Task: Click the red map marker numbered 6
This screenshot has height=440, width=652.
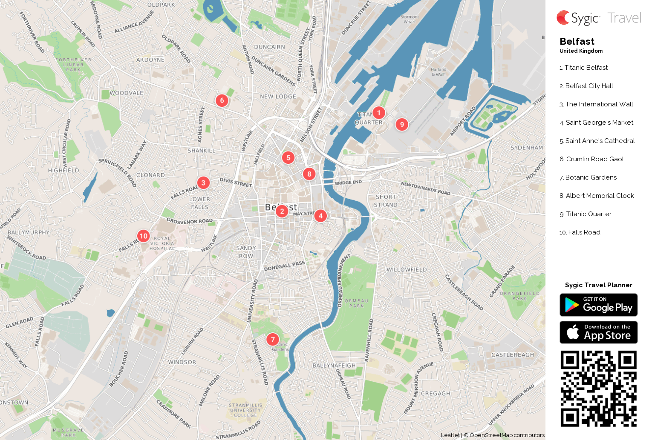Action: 222,100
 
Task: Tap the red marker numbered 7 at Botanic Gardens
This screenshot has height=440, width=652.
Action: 273,339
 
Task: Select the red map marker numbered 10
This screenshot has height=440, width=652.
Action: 143,236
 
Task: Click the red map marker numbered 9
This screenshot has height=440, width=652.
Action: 401,124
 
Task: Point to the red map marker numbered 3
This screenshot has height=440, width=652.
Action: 203,183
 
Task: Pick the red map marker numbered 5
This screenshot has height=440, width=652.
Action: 288,157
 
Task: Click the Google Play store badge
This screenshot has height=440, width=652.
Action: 598,305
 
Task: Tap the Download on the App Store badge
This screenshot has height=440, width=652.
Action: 598,332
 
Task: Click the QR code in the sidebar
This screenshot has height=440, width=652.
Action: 598,389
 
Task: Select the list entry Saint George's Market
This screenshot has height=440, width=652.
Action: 596,123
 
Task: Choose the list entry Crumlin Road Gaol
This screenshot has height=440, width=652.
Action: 591,159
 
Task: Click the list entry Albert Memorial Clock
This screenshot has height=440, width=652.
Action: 597,196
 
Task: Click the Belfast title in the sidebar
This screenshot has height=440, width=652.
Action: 577,41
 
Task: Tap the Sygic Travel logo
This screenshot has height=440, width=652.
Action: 598,18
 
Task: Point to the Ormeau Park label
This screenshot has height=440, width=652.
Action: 357,303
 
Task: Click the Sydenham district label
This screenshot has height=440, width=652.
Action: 527,148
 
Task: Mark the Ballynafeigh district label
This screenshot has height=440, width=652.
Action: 334,366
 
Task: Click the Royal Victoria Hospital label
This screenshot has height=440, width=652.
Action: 162,243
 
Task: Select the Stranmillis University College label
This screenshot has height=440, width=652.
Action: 245,410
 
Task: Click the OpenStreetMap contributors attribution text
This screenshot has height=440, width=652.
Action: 507,435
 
